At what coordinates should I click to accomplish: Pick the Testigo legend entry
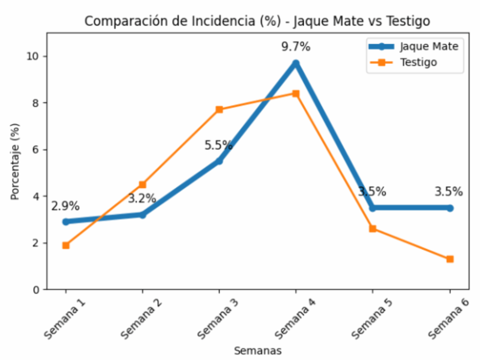[x=418, y=62]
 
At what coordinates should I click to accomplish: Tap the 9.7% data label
[x=296, y=47]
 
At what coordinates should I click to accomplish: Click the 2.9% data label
[x=66, y=206]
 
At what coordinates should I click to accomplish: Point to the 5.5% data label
[x=218, y=145]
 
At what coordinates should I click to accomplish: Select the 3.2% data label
[x=142, y=199]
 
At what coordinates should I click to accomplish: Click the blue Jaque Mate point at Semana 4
[x=296, y=63]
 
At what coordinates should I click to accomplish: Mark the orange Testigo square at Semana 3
[x=219, y=110]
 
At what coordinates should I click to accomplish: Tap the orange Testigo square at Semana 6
[x=450, y=259]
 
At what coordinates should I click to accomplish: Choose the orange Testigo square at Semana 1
[x=66, y=245]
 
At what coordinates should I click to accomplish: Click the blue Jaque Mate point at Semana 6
[x=450, y=208]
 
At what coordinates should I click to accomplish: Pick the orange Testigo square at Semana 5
[x=373, y=229]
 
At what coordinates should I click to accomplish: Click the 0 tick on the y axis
[x=37, y=290]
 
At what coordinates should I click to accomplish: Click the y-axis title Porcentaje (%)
[x=15, y=161]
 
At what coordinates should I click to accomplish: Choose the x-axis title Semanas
[x=258, y=350]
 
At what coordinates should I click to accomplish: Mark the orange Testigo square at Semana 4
[x=296, y=93]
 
